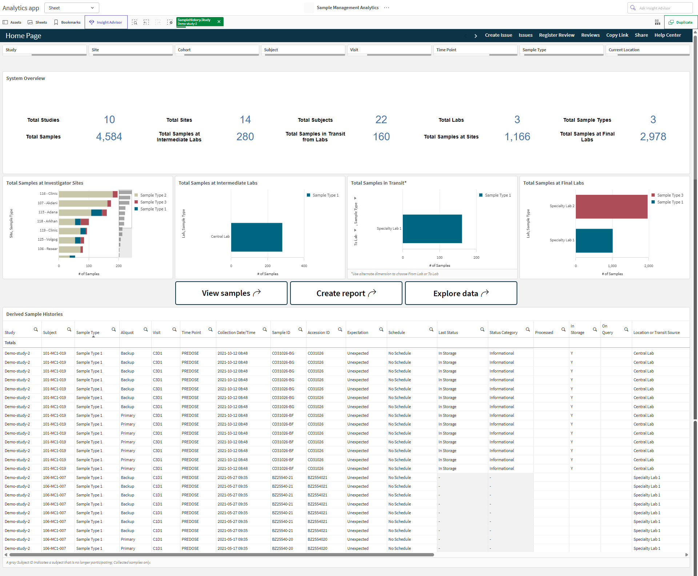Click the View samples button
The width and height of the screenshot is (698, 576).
coord(231,293)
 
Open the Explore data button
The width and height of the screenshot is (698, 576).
coord(461,293)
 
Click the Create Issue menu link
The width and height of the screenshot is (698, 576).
coord(498,35)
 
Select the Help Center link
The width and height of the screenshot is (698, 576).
coord(667,35)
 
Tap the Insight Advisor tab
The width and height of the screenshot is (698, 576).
coord(106,22)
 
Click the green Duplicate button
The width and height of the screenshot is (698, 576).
coord(681,22)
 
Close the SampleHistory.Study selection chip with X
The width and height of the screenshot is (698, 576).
coord(219,22)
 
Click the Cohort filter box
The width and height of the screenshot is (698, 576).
coord(217,50)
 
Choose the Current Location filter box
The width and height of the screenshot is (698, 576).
coord(648,50)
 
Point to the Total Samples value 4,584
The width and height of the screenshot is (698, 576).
coord(109,137)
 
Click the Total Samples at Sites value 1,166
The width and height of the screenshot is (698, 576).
coord(517,137)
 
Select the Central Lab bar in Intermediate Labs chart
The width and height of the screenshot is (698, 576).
coord(257,237)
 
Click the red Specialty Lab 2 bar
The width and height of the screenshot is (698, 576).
coord(611,206)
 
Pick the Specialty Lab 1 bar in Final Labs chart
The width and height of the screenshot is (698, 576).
coord(594,241)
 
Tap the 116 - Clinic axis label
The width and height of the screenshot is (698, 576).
coord(48,194)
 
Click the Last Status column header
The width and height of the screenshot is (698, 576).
coord(448,333)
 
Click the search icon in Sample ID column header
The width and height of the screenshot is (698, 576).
coord(300,330)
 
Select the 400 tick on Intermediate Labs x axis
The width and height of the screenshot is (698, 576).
coord(304,266)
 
